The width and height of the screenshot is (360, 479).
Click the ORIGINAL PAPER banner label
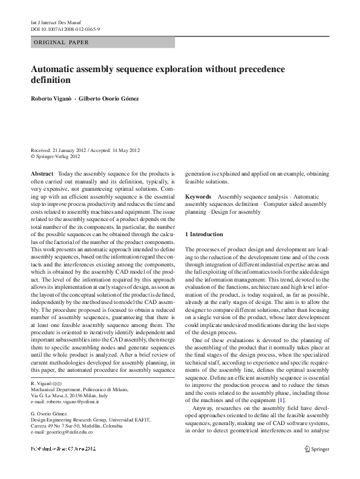61,42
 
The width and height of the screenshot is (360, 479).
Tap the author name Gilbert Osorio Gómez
113,99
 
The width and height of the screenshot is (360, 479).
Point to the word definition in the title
51,80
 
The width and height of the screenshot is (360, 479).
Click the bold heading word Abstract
42,173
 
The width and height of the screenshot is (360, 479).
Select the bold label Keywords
198,197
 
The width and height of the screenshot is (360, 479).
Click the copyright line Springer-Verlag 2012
58,156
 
